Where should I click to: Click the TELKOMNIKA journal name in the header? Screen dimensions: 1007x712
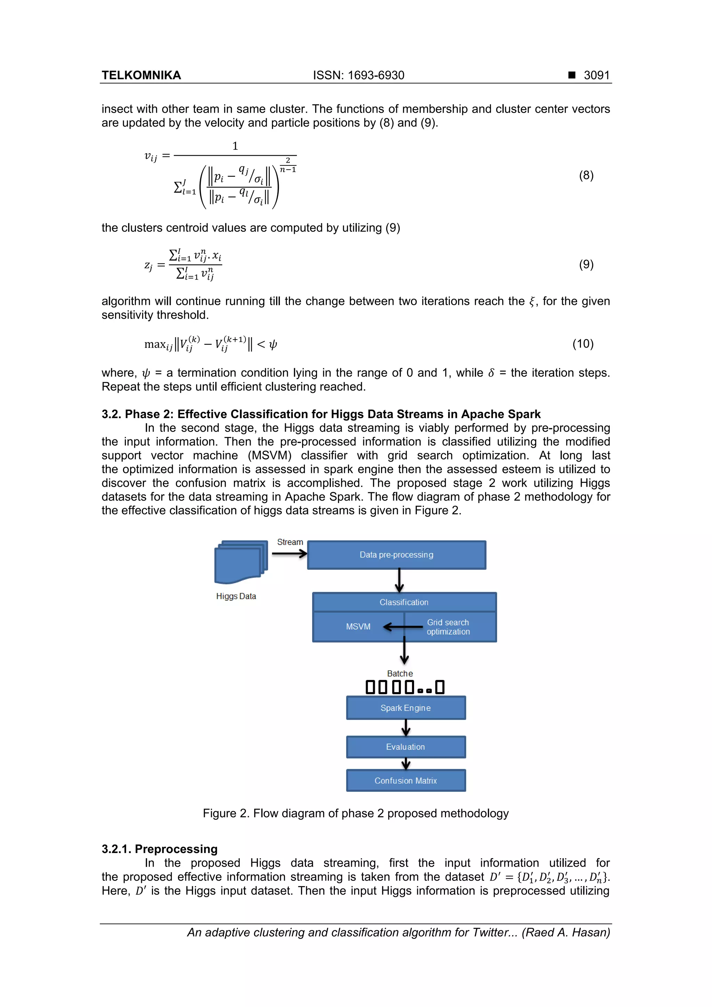coord(141,75)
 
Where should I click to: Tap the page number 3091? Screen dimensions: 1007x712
coord(596,75)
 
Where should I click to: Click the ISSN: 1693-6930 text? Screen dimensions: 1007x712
coord(358,75)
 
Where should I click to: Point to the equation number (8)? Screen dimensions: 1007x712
coord(586,176)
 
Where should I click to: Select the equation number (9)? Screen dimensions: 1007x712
coord(586,265)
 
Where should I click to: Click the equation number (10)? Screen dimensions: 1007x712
coord(583,343)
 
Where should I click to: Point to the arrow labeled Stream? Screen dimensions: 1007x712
coord(289,553)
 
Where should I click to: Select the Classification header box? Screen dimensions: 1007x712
coord(404,602)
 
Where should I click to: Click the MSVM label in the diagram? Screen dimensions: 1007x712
coord(358,627)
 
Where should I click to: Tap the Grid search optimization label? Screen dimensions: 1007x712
coord(448,627)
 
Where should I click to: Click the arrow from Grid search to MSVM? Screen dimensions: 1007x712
coord(403,627)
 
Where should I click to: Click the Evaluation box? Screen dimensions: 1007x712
coord(405,747)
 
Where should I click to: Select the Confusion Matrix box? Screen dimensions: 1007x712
coord(405,781)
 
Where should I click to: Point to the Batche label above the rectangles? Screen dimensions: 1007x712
coord(400,673)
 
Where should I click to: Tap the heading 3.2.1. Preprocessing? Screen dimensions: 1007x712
coord(159,849)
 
